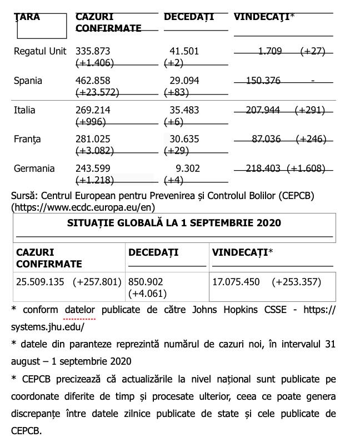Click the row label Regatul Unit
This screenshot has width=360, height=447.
point(39,51)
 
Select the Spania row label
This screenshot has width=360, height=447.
point(28,81)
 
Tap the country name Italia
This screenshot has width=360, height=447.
point(24,110)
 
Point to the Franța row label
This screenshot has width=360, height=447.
point(27,139)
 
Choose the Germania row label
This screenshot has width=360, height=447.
point(34,168)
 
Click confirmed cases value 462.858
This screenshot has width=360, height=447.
point(94,81)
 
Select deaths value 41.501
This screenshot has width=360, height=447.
point(184,51)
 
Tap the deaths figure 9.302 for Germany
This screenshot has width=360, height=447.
point(187,168)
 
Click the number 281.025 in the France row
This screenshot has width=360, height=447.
point(94,139)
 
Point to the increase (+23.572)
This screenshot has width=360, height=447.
point(97,92)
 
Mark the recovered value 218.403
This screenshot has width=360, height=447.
point(263,168)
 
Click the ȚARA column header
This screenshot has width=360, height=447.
point(27,17)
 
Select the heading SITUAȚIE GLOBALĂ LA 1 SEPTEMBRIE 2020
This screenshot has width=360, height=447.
point(174,223)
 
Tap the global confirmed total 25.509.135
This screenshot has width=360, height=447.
point(41,282)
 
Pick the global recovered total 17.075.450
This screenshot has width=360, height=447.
point(236,282)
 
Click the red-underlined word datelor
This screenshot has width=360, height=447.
point(79,310)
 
